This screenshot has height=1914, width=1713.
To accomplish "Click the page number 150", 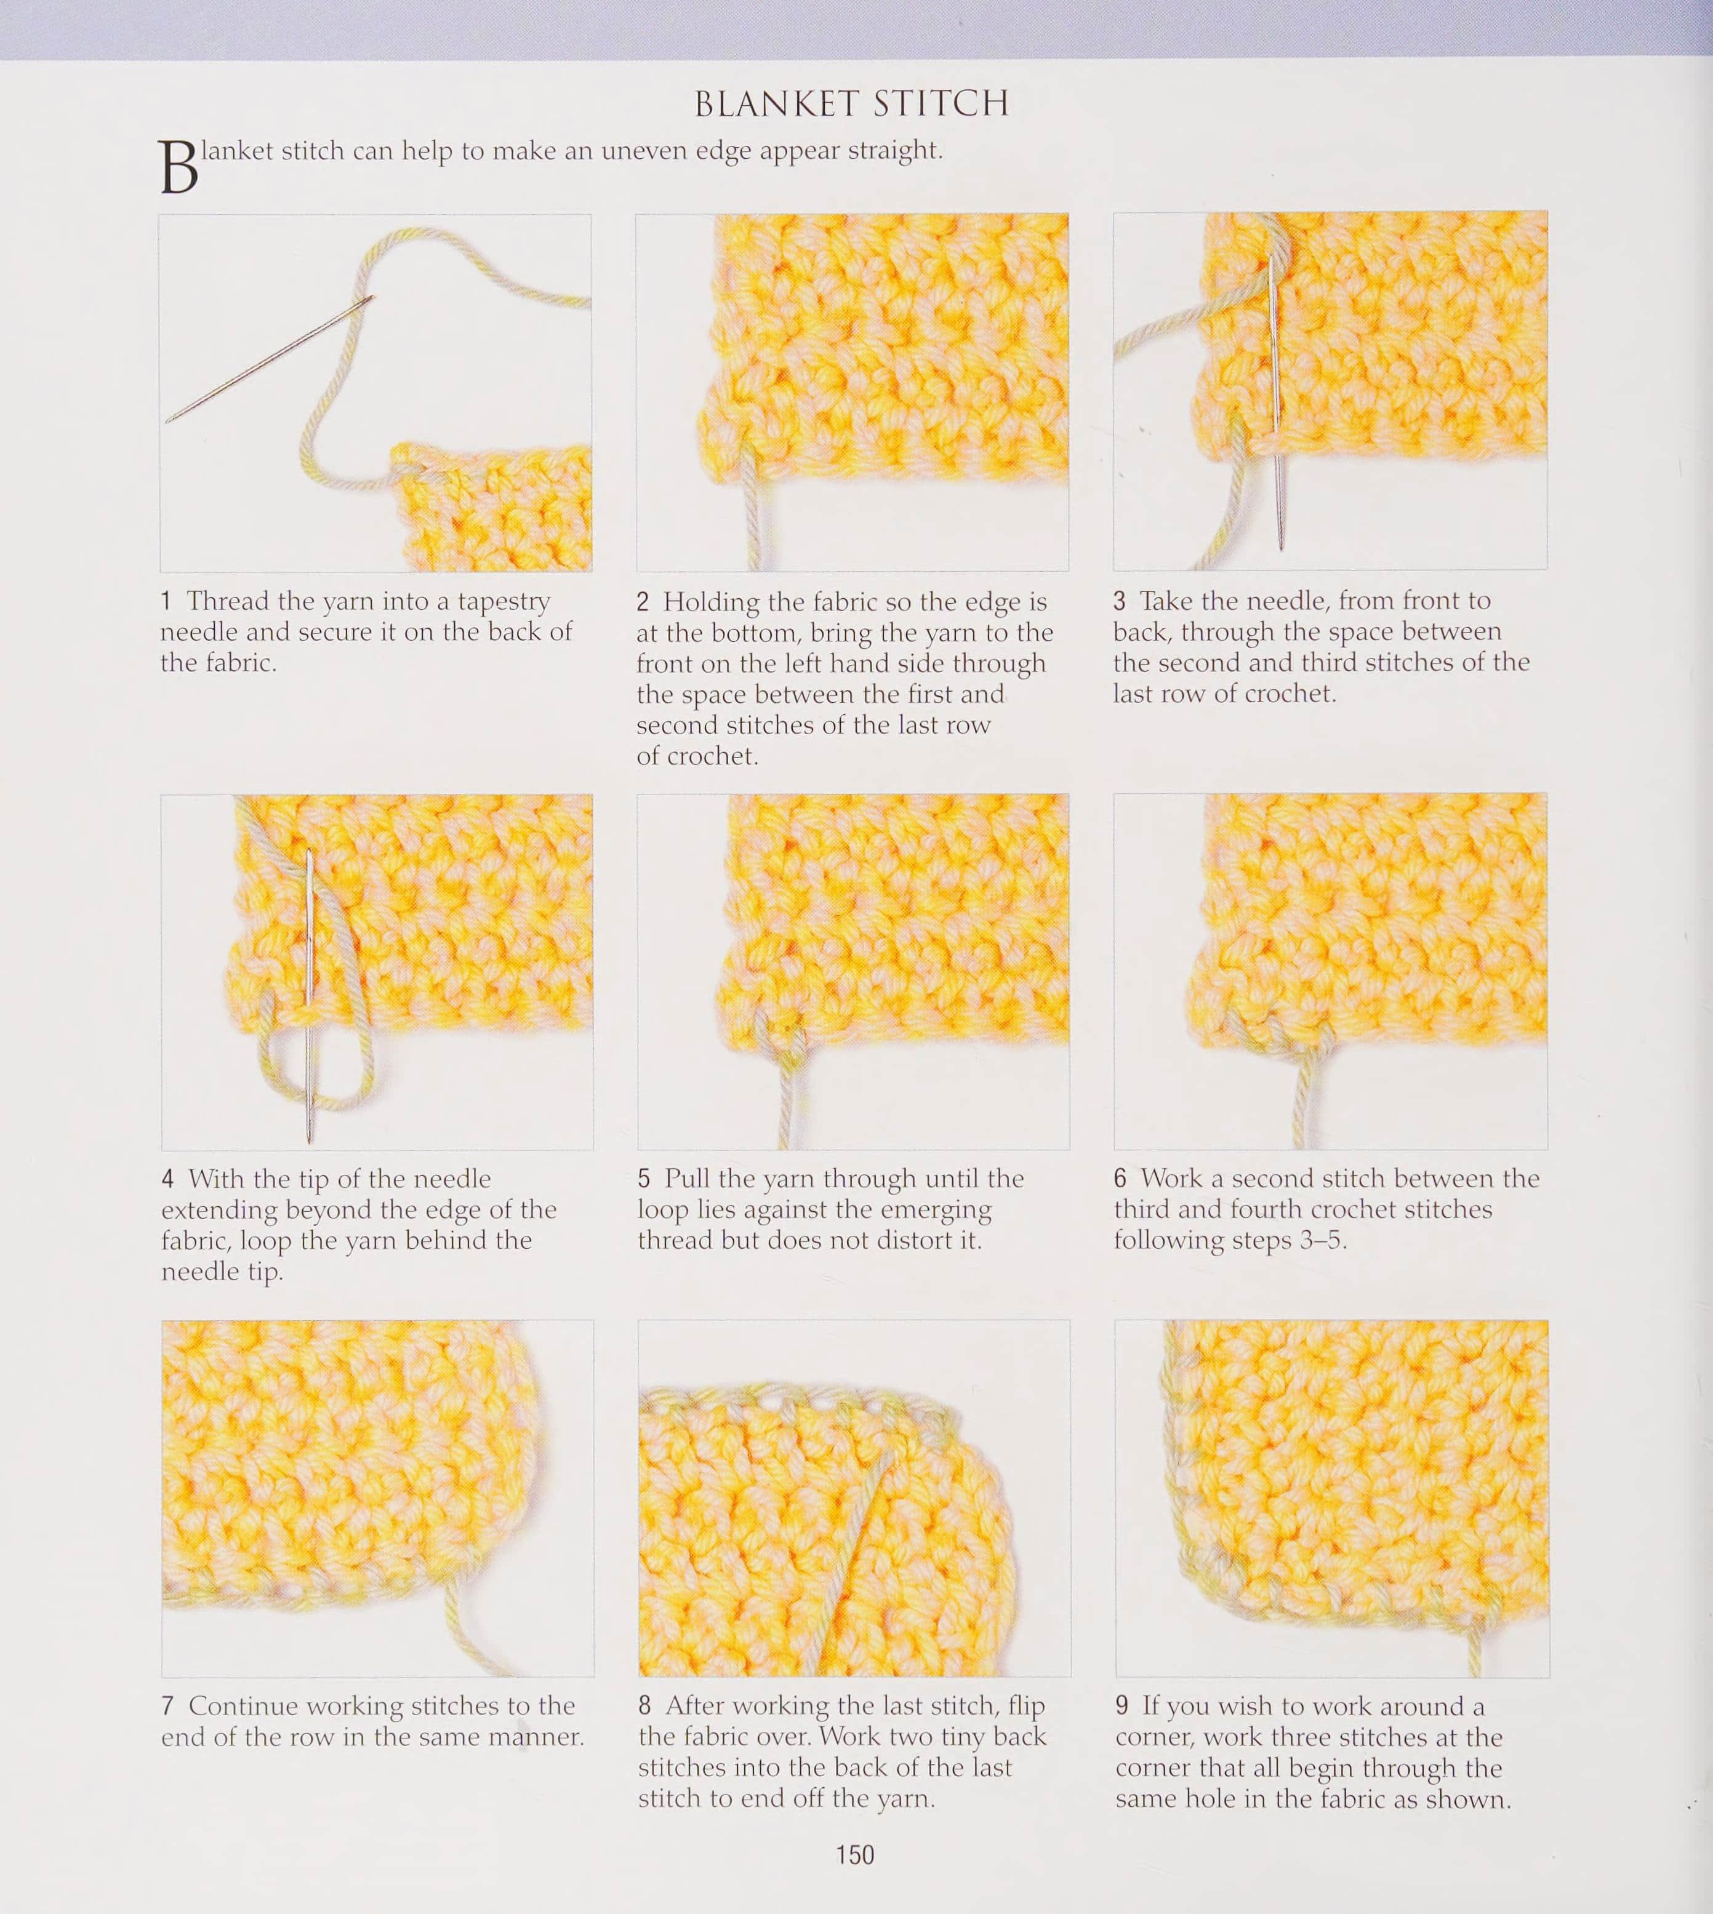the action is pos(854,1855).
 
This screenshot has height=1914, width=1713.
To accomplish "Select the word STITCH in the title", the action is pos(941,103).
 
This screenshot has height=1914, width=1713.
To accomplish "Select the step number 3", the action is pos(1119,601).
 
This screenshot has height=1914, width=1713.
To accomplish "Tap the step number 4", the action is pos(167,1179).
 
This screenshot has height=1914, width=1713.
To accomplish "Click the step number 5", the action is pos(644,1179).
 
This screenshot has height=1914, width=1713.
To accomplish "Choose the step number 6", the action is pos(1120,1178).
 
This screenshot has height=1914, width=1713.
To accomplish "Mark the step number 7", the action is pos(167,1706).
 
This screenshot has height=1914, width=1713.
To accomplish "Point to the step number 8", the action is pos(644,1706).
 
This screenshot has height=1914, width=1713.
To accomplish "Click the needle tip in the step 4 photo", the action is pos(309,1142).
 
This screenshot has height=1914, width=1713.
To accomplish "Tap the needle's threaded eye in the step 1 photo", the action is pos(367,300).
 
